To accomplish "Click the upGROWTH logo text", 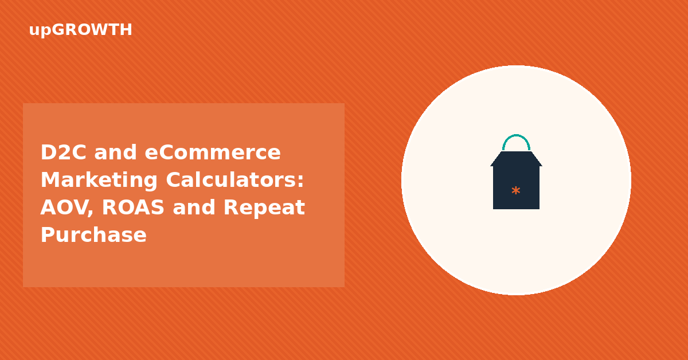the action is (x=80, y=30).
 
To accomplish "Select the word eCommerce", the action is (x=213, y=152).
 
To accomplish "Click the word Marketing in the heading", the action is (x=99, y=181).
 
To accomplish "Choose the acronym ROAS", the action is (x=133, y=208).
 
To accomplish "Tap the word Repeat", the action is (x=264, y=208).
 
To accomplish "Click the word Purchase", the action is (x=93, y=235).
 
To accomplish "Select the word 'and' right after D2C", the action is (x=115, y=152).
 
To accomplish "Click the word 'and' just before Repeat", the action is (x=194, y=208).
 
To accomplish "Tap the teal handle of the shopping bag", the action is (x=517, y=135).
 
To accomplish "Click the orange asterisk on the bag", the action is (x=516, y=190).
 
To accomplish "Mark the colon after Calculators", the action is (x=300, y=181).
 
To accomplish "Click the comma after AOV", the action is (x=90, y=213).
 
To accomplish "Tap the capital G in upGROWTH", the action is (x=58, y=30).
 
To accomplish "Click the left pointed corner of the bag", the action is (x=491, y=166).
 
